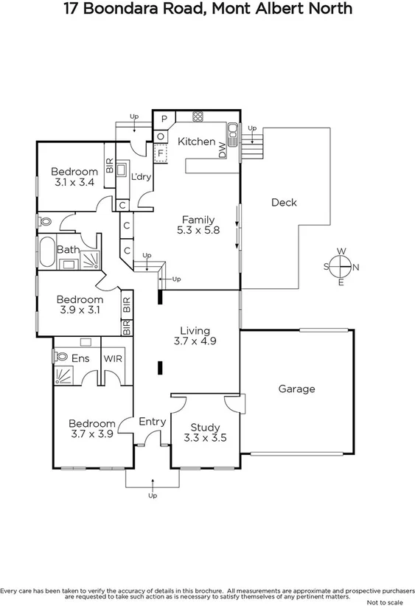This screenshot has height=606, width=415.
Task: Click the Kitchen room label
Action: click(196, 142)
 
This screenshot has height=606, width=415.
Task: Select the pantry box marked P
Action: click(164, 119)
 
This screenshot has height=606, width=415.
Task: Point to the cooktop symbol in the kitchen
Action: click(198, 116)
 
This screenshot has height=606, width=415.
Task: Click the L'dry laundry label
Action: click(141, 177)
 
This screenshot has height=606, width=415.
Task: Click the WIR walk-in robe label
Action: click(114, 358)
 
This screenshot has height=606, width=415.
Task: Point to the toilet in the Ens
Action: click(58, 357)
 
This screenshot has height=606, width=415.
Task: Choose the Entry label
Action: click(152, 421)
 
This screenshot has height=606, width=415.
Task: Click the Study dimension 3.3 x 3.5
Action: click(204, 438)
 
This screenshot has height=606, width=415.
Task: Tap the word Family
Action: click(198, 220)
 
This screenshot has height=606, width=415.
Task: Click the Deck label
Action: click(284, 202)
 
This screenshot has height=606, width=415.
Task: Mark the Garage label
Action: click(296, 389)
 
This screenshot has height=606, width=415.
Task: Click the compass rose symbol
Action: click(341, 267)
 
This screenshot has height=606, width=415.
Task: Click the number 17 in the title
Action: click(72, 10)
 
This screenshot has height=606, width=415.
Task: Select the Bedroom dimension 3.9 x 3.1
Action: click(80, 310)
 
